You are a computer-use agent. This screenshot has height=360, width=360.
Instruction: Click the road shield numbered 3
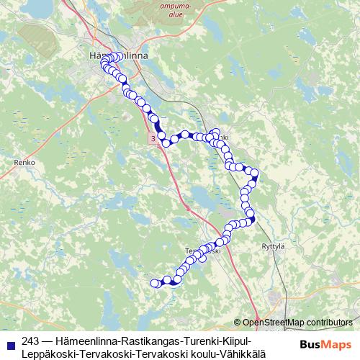[x=153, y=136]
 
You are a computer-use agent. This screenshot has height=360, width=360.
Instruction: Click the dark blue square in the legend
[x=10, y=341]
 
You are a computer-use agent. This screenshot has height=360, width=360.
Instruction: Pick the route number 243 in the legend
[x=31, y=341]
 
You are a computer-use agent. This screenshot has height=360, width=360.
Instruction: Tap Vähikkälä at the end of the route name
[x=246, y=353]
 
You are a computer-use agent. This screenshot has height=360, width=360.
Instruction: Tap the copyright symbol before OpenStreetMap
[x=238, y=323]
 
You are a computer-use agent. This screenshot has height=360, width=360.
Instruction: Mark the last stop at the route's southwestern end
[x=153, y=284]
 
